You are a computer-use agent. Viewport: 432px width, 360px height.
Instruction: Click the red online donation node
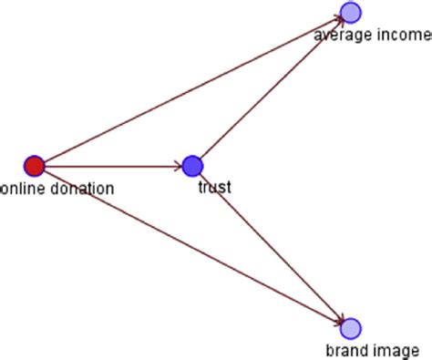[x=34, y=166]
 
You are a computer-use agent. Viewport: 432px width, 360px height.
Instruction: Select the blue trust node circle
[x=191, y=166]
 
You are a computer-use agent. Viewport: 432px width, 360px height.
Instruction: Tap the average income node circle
[x=351, y=12]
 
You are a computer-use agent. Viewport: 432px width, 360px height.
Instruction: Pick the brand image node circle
[x=351, y=328]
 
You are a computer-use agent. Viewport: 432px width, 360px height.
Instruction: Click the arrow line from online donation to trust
[x=109, y=166]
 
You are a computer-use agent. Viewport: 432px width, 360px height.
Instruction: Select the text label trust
[x=214, y=188]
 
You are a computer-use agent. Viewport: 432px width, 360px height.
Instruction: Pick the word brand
[x=344, y=350]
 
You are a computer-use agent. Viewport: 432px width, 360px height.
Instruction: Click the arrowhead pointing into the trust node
[x=178, y=166]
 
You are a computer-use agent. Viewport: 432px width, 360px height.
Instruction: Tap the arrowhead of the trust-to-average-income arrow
[x=338, y=24]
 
